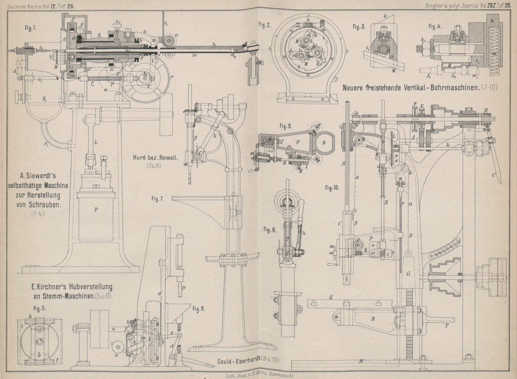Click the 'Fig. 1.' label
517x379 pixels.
click(31, 28)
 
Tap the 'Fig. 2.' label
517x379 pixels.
click(265, 25)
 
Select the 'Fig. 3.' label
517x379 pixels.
click(359, 27)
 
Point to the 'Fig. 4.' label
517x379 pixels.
click(435, 27)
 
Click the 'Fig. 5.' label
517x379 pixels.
click(40, 309)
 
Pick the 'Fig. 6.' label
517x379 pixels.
click(199, 309)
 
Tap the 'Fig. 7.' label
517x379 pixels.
click(157, 199)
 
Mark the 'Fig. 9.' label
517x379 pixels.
click(286, 126)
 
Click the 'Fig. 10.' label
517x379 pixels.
click(332, 188)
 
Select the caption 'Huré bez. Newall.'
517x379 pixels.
click(155, 158)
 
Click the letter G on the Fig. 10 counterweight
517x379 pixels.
click(408, 274)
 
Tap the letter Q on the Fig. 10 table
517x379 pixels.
click(331, 297)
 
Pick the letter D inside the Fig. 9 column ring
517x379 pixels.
click(324, 142)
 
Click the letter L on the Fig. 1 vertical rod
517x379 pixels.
click(96, 142)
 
